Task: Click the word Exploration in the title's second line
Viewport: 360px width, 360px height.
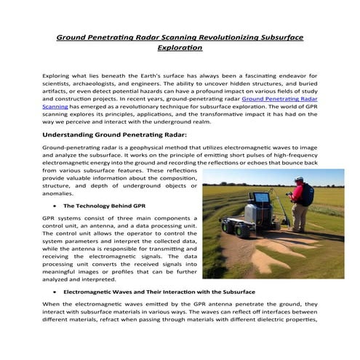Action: pos(180,48)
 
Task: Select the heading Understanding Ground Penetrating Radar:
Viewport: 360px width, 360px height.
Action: pos(115,134)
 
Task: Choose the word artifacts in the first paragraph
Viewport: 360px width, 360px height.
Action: pos(59,92)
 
